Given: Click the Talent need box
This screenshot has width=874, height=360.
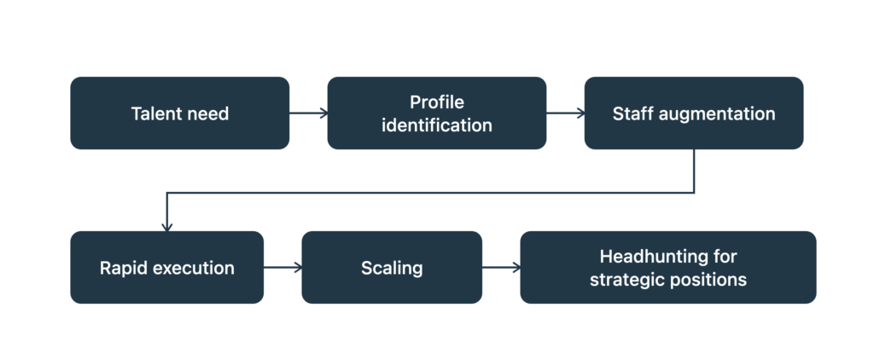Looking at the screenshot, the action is (x=179, y=113).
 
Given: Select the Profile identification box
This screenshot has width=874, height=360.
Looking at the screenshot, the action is (x=436, y=113).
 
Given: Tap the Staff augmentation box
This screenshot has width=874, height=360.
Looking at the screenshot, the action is (x=693, y=113).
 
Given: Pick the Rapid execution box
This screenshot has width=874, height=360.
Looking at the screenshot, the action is (x=166, y=268).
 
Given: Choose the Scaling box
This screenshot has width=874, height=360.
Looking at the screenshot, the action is (x=392, y=268).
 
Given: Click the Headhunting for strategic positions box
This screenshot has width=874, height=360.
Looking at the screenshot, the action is (x=667, y=268).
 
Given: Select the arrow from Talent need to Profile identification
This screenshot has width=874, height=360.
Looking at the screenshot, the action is (x=308, y=113).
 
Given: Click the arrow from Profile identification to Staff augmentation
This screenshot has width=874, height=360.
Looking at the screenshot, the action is (x=565, y=113).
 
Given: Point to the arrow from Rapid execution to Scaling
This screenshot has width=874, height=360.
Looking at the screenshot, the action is (x=283, y=268).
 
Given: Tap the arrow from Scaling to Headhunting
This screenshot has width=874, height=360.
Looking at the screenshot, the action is (x=501, y=268).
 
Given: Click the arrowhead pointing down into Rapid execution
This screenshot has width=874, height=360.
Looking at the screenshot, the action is (x=166, y=228).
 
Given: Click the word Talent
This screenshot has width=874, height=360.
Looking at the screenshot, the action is (x=150, y=113).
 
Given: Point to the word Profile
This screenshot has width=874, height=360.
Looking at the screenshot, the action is (x=437, y=102).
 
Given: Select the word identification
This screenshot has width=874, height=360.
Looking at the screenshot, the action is (x=436, y=125).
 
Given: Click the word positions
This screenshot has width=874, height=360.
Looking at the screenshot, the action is (x=708, y=280).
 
